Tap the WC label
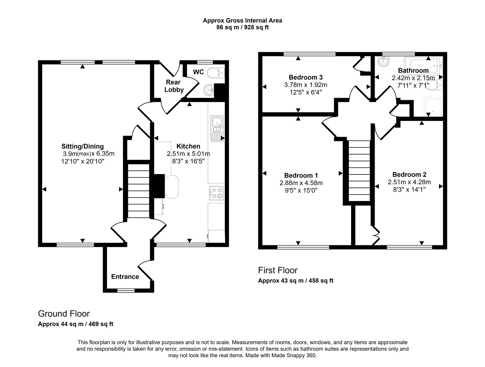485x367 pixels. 199,72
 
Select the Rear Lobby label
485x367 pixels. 175,86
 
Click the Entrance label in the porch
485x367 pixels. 125,276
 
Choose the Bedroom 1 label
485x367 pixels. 301,175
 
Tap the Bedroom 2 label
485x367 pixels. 409,174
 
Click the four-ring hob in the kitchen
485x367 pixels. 216,193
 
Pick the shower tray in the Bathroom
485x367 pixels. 433,107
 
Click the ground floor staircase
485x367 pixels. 139,191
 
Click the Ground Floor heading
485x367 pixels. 64,313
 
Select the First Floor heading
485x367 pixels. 278,270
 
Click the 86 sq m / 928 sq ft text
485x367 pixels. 242,27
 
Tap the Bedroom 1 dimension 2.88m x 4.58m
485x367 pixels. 301,183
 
